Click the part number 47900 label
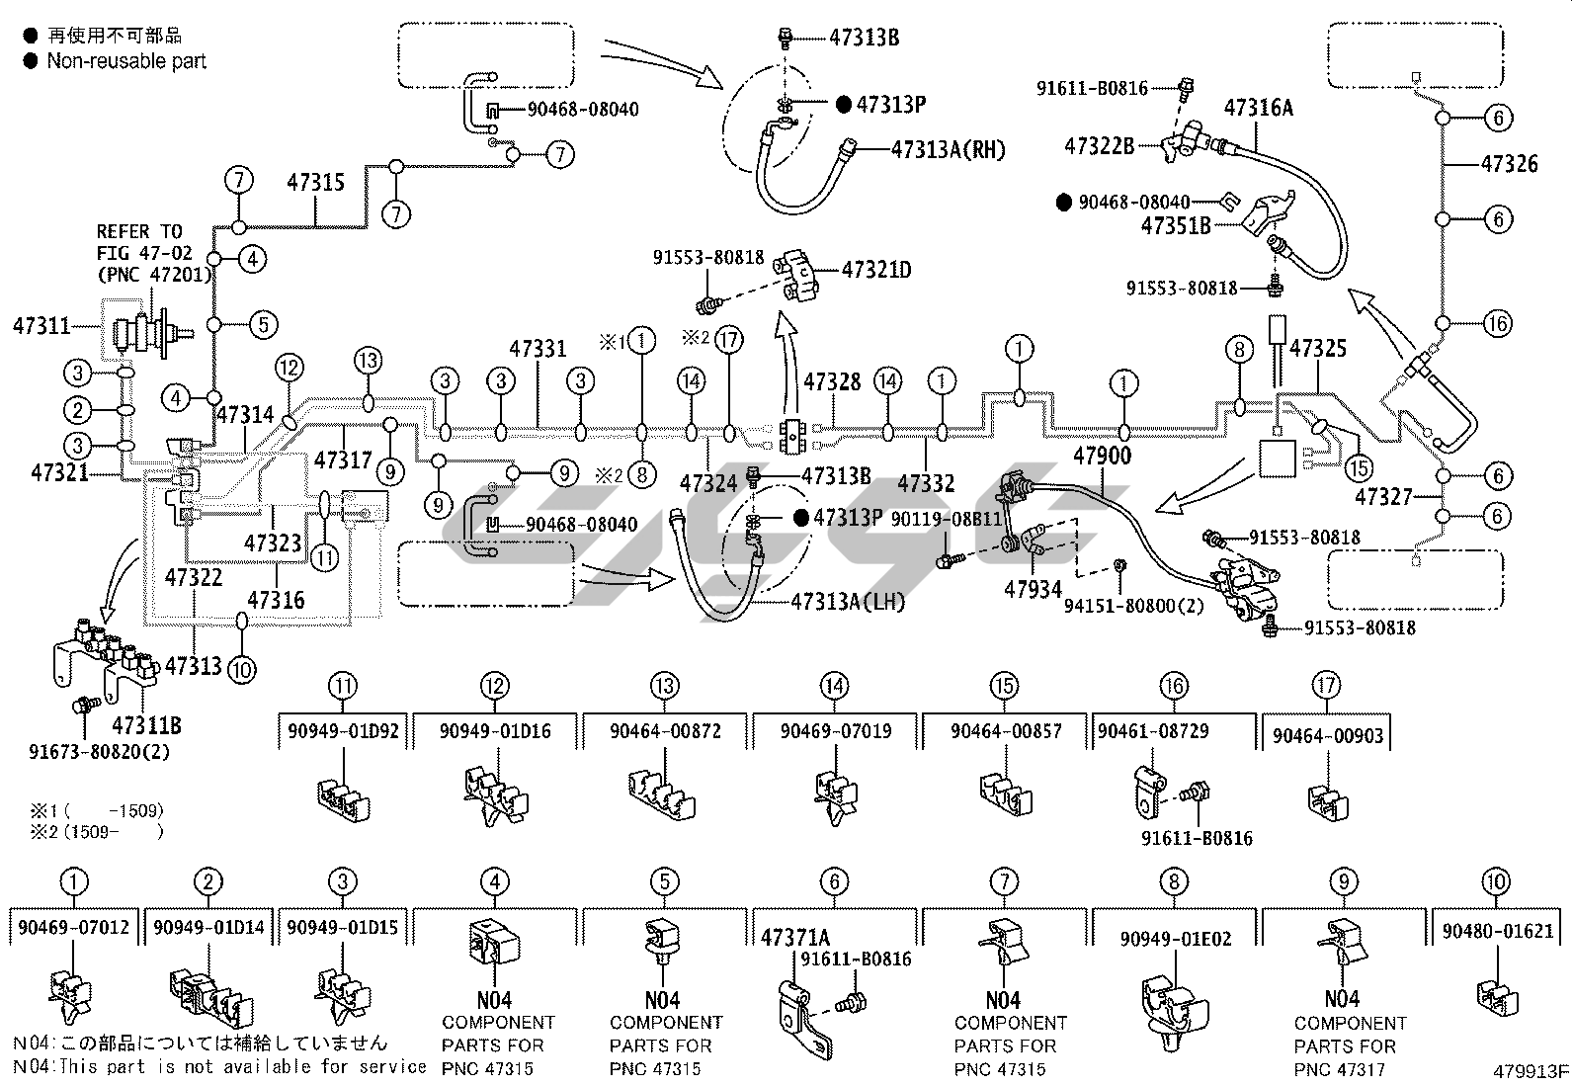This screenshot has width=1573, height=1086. pos(1103,456)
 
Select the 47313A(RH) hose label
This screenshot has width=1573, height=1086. pos(948,150)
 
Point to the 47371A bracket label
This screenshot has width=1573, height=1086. pos(795,937)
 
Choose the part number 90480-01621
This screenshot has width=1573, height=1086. pos(1498,931)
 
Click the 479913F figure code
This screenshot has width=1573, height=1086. pos(1531,1071)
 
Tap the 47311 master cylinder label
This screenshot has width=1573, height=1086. pos(41,325)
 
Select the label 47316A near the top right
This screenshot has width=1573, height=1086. pos(1259,108)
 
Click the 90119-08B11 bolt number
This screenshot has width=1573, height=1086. pos(947,518)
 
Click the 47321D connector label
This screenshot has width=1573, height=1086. pos(876,269)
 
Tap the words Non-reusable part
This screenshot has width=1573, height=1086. pos(126,61)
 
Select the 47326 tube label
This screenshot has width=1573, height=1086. pos(1509,164)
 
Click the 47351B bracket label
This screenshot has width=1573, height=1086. pos(1176,226)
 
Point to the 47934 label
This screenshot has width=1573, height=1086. pos(1033,589)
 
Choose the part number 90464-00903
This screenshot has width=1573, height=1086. pos(1329,736)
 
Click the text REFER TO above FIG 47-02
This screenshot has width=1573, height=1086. pos(139,231)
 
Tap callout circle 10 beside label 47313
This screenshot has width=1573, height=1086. pos(241,669)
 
